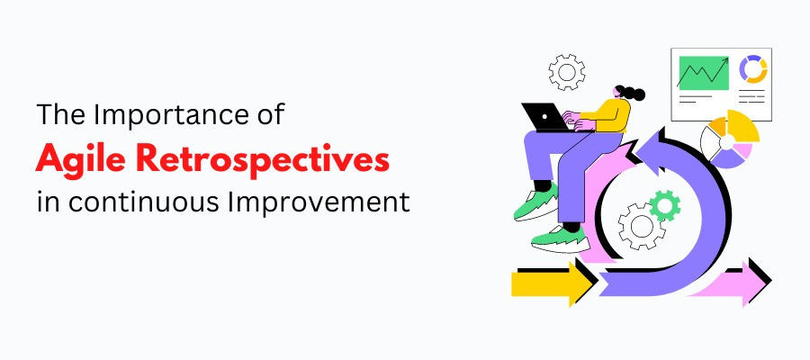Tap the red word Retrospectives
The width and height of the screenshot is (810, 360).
(x=265, y=158)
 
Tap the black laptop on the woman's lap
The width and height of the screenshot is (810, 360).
(x=544, y=117)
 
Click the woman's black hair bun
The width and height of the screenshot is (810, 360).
(x=634, y=94)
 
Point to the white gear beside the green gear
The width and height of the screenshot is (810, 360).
(x=641, y=226)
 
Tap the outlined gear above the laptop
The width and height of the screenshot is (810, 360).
(x=567, y=72)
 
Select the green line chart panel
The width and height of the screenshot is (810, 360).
(x=703, y=73)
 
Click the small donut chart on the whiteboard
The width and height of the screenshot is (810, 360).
(x=752, y=69)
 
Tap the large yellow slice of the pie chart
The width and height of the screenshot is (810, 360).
(x=742, y=126)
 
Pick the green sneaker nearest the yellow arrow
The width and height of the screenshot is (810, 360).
(x=561, y=239)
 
